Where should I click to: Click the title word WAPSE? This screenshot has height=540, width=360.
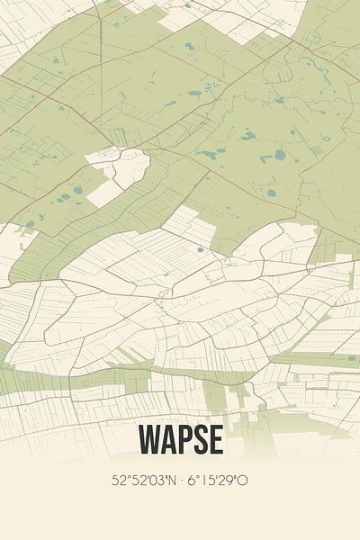pos(180,440)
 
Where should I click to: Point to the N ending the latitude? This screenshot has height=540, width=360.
pos(173,481)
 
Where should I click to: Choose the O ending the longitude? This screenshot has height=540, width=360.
pos(244,481)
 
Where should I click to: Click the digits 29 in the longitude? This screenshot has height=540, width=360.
pos(230,481)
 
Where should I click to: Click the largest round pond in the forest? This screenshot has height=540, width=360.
pos(280,155)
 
